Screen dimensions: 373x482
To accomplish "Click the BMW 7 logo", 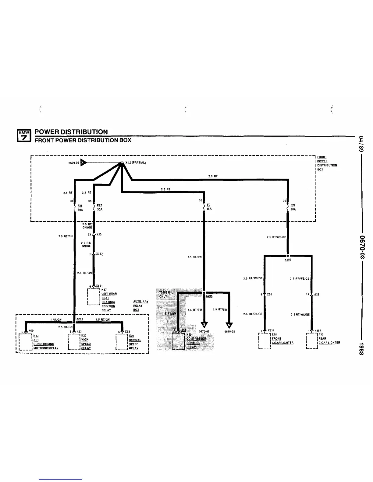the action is pyautogui.click(x=23, y=136).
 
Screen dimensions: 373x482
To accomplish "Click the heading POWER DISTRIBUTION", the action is pyautogui.click(x=71, y=132).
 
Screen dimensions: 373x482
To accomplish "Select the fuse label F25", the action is pyautogui.click(x=80, y=206).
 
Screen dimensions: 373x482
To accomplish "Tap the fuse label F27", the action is pyautogui.click(x=99, y=205).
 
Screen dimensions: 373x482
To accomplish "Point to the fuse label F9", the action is pyautogui.click(x=208, y=205).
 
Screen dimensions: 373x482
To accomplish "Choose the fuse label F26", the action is pyautogui.click(x=293, y=205).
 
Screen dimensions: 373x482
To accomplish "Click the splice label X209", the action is pyautogui.click(x=288, y=260).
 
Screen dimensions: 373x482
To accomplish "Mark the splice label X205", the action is pyautogui.click(x=209, y=296).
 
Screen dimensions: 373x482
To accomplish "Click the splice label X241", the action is pyautogui.click(x=80, y=319).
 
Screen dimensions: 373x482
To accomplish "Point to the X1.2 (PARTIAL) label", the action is pyautogui.click(x=136, y=162).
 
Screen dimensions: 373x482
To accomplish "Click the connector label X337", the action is pyautogui.click(x=99, y=254).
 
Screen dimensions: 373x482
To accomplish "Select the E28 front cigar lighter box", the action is pyautogui.click(x=265, y=341).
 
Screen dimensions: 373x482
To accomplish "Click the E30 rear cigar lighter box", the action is pyautogui.click(x=312, y=341).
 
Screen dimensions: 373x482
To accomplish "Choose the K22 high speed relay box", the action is pyautogui.click(x=74, y=342).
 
